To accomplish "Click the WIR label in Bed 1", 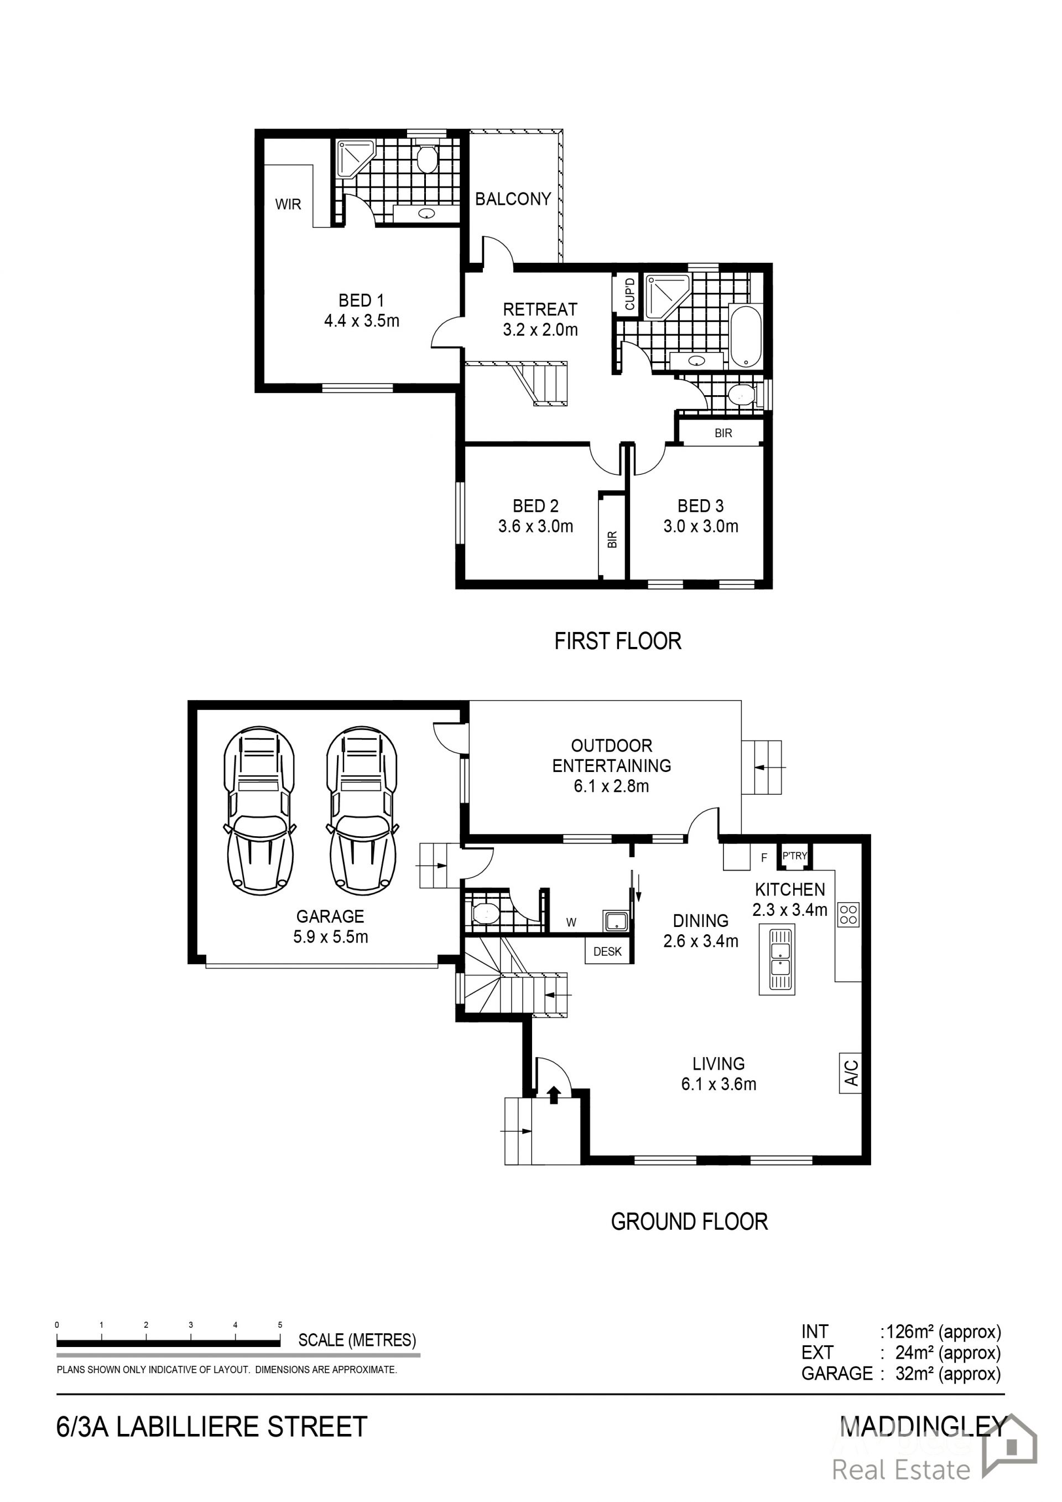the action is (288, 204).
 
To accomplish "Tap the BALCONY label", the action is (513, 199).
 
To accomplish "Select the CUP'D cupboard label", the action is (629, 294).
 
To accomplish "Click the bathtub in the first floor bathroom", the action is (746, 336).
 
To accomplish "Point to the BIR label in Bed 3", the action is (723, 433).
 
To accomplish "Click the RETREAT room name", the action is (540, 309).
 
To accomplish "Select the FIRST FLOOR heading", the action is (618, 640).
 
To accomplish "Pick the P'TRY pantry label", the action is (794, 856).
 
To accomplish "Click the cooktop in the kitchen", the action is (849, 915).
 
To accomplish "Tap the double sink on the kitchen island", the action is (777, 960).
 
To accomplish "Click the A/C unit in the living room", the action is (850, 1073).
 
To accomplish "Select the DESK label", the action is (607, 952).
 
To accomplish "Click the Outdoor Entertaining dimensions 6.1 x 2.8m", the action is (611, 786).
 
